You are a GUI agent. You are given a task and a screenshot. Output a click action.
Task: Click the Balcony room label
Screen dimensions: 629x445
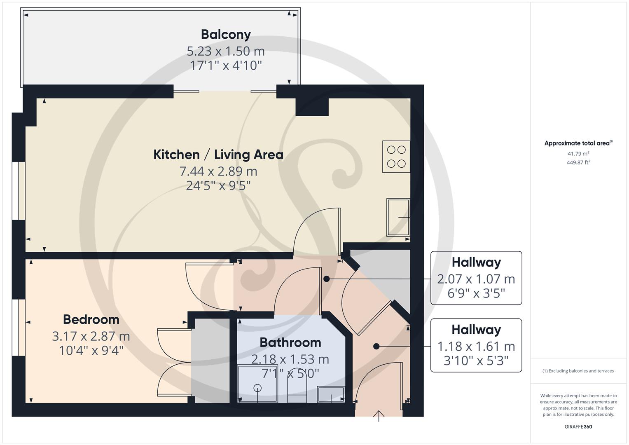pyautogui.click(x=226, y=35)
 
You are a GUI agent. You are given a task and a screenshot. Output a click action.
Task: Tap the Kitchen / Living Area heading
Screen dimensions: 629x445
pyautogui.click(x=218, y=155)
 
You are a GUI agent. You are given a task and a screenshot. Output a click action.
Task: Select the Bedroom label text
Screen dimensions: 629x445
pyautogui.click(x=91, y=320)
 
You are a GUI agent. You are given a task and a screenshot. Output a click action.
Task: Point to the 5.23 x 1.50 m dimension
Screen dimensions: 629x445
pyautogui.click(x=226, y=51)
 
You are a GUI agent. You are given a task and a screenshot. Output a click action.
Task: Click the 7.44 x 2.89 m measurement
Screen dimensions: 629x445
pyautogui.click(x=218, y=171)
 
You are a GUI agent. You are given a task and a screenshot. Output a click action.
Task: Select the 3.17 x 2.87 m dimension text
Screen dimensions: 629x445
pyautogui.click(x=91, y=336)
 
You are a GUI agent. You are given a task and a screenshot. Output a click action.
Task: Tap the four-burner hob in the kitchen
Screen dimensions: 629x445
pyautogui.click(x=396, y=157)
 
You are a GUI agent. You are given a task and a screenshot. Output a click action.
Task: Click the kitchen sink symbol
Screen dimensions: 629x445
pyautogui.click(x=398, y=217)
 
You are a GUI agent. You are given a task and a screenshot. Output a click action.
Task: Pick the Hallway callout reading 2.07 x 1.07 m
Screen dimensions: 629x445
pyautogui.click(x=476, y=278)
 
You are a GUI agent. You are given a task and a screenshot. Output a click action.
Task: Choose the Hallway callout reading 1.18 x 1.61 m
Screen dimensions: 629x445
pyautogui.click(x=476, y=345)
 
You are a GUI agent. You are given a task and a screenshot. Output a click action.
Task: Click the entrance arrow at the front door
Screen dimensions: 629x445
pyautogui.click(x=379, y=416)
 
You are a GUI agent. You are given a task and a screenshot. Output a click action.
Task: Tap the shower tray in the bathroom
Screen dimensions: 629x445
pyautogui.click(x=257, y=384)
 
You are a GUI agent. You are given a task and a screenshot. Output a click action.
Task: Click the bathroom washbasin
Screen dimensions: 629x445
pyautogui.click(x=331, y=394)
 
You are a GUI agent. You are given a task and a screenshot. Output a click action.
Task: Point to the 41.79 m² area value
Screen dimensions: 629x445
pyautogui.click(x=578, y=154)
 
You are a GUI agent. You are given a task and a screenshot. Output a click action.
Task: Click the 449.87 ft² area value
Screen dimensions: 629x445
pyautogui.click(x=578, y=162)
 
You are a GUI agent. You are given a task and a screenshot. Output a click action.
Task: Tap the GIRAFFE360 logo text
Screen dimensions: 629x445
pyautogui.click(x=578, y=426)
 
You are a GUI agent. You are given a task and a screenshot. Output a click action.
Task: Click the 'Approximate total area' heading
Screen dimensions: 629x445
pyautogui.click(x=578, y=143)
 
